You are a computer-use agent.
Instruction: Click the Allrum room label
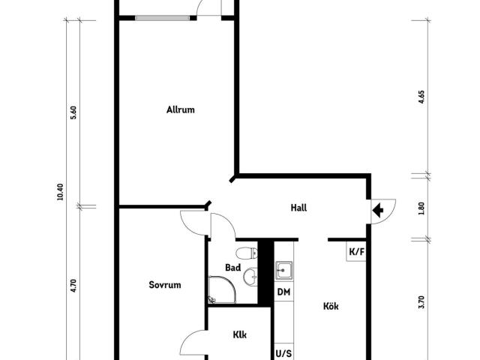point(180,109)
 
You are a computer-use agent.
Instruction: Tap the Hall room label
point(298,208)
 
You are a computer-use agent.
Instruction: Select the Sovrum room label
point(165,285)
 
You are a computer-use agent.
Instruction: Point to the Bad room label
point(233,268)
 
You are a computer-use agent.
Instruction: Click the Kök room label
point(331,306)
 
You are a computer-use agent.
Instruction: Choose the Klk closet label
point(240,334)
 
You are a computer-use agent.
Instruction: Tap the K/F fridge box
point(356,251)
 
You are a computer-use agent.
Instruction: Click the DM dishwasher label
point(283,292)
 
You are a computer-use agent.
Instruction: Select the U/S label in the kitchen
point(283,353)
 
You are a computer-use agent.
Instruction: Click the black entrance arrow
point(378,210)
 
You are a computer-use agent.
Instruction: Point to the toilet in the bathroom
point(247,253)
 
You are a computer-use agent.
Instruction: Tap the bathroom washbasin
point(250,277)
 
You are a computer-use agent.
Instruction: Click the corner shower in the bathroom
point(222,289)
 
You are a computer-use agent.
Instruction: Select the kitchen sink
point(283,271)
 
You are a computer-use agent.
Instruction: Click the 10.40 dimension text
point(60,192)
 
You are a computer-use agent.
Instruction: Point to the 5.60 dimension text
point(73,112)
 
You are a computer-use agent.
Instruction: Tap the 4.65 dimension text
point(421,97)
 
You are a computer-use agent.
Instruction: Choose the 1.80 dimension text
point(421,208)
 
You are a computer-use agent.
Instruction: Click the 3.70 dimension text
point(421,301)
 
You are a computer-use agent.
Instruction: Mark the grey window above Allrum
point(162,18)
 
